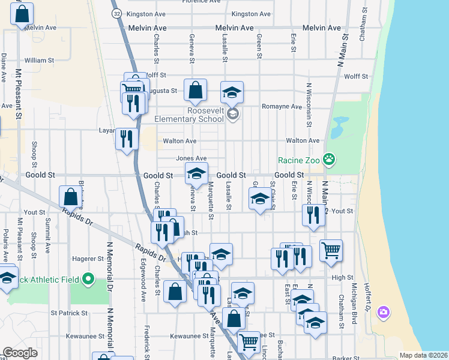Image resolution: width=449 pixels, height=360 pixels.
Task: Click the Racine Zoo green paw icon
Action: (328, 160)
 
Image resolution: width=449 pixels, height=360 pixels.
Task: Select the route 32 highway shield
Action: (117, 13)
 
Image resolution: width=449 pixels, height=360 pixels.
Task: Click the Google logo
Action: (20, 353)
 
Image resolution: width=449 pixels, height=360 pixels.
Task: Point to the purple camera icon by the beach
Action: (384, 312)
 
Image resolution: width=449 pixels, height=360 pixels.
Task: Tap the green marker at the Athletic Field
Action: (88, 279)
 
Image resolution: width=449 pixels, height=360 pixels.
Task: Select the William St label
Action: (40, 61)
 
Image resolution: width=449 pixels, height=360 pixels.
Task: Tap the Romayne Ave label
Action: (282, 106)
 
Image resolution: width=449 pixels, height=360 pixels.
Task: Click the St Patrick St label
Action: (69, 313)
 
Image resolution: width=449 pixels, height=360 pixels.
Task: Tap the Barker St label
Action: (345, 358)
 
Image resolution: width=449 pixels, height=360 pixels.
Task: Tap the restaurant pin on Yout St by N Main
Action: (313, 215)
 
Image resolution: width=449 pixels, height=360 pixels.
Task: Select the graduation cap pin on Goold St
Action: (196, 174)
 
